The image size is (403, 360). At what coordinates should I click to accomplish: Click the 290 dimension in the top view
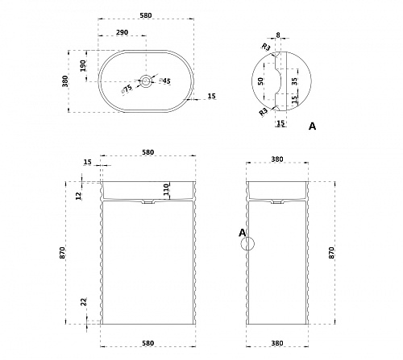point(122,32)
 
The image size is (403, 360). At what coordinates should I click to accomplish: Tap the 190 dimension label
point(83,65)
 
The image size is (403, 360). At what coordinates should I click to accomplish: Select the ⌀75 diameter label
point(127,89)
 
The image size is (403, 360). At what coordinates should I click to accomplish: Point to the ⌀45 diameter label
point(165,81)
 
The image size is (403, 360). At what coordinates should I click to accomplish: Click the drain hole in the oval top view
point(146,81)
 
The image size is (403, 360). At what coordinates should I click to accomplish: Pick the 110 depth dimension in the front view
point(166,189)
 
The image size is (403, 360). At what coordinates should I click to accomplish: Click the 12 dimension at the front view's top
point(78,196)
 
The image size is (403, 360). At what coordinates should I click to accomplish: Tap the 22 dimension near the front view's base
point(84,302)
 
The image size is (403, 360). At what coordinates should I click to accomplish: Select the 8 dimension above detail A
point(278,35)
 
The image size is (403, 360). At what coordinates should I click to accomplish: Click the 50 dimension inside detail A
point(260,81)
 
